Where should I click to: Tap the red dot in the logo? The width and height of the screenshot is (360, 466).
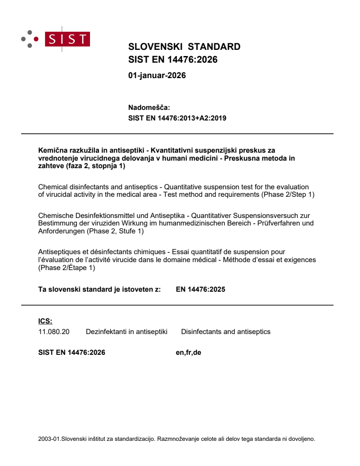[37, 39]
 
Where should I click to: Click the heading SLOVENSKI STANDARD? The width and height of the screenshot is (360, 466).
[184, 47]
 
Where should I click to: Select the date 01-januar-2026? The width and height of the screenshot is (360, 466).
[157, 75]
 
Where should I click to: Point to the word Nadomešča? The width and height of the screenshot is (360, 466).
[149, 107]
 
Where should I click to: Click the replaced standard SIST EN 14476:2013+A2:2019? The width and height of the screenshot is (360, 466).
[177, 118]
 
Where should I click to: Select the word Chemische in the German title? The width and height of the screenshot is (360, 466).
[55, 216]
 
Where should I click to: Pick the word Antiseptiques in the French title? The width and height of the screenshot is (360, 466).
[58, 252]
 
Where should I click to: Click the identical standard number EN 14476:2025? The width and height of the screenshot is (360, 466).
[201, 289]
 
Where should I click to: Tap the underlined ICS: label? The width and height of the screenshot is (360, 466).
[45, 321]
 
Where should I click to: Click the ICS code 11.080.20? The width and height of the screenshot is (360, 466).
[54, 331]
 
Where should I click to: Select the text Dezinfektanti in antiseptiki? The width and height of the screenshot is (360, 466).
[127, 331]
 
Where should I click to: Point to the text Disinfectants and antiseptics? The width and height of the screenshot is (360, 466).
[225, 331]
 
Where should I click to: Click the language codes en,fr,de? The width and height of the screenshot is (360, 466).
[188, 352]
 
